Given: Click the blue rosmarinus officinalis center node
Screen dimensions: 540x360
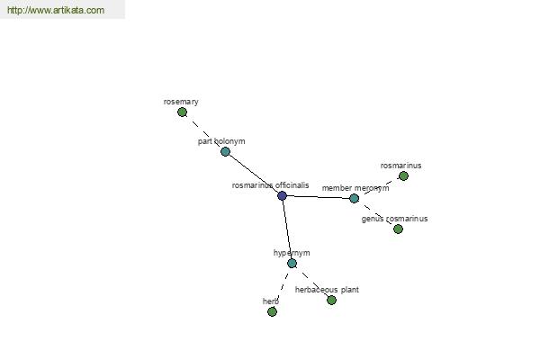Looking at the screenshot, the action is [x=282, y=195].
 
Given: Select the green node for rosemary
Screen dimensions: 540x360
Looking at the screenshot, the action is [x=182, y=112].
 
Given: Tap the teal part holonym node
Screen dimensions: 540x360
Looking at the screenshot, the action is [x=225, y=151].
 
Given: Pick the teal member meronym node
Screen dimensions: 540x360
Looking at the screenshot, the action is [x=354, y=198].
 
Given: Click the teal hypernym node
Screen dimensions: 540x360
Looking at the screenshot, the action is [x=292, y=263].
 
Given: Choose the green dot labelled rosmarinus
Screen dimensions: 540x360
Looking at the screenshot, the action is [x=403, y=176].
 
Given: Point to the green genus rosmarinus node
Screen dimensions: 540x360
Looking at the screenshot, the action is [x=398, y=229].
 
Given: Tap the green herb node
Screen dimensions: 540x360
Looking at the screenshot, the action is [x=272, y=311].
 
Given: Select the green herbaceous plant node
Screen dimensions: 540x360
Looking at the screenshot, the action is [x=331, y=300].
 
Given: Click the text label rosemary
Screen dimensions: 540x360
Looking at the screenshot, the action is [x=181, y=102].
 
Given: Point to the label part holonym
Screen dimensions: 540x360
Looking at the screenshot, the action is [x=221, y=141].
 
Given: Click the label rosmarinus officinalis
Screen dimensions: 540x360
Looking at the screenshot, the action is [x=270, y=185].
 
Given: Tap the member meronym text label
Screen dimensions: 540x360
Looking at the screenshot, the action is [x=355, y=188].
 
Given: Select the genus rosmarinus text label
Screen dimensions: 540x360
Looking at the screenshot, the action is [x=395, y=219].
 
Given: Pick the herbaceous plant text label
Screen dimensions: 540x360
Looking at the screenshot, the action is [x=327, y=290].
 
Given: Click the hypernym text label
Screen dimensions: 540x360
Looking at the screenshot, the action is [x=292, y=253].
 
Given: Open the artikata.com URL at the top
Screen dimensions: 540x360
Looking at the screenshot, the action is [x=56, y=10].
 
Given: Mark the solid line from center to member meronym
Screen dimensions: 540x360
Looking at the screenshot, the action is [x=319, y=197].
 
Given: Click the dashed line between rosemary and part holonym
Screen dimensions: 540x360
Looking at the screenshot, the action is [x=204, y=131].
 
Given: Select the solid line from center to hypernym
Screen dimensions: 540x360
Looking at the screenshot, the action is [x=287, y=229].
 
